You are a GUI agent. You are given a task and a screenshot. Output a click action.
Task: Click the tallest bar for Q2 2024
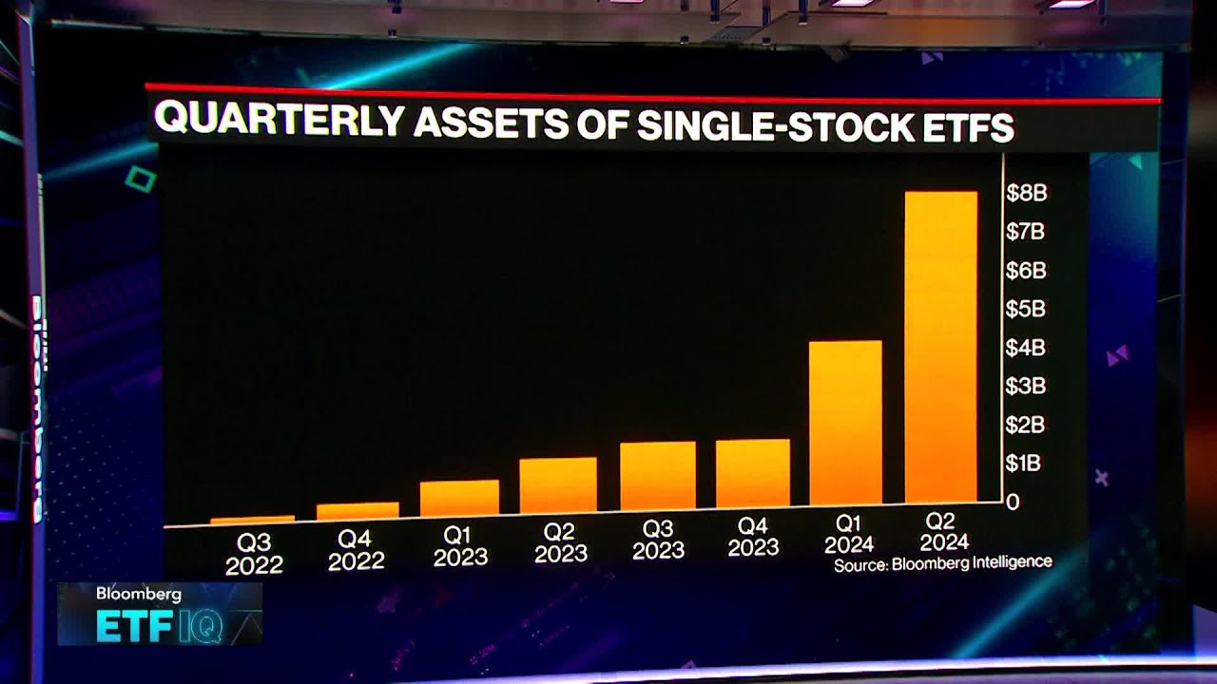940,347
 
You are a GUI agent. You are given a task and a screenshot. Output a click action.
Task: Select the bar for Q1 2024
845,423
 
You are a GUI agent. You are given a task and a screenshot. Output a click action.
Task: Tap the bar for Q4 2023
752,472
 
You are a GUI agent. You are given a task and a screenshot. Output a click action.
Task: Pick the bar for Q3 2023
658,475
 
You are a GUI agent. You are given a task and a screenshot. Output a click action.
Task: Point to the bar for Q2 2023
558,484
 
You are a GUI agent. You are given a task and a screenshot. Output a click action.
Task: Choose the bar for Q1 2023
459,497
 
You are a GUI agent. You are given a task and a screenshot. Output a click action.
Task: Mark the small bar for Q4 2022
357,511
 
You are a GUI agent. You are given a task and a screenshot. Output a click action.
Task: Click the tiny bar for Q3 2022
253,520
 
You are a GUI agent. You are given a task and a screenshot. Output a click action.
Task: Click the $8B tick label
1026,193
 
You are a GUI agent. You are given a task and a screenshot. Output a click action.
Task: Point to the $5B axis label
1026,309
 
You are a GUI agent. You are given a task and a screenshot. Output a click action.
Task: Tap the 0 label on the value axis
1014,501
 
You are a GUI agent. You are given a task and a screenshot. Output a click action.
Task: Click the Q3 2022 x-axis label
254,554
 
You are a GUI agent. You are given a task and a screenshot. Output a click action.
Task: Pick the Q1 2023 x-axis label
460,546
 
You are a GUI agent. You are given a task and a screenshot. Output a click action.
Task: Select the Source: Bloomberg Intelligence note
943,562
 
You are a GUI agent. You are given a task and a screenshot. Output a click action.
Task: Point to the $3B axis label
1026,386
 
